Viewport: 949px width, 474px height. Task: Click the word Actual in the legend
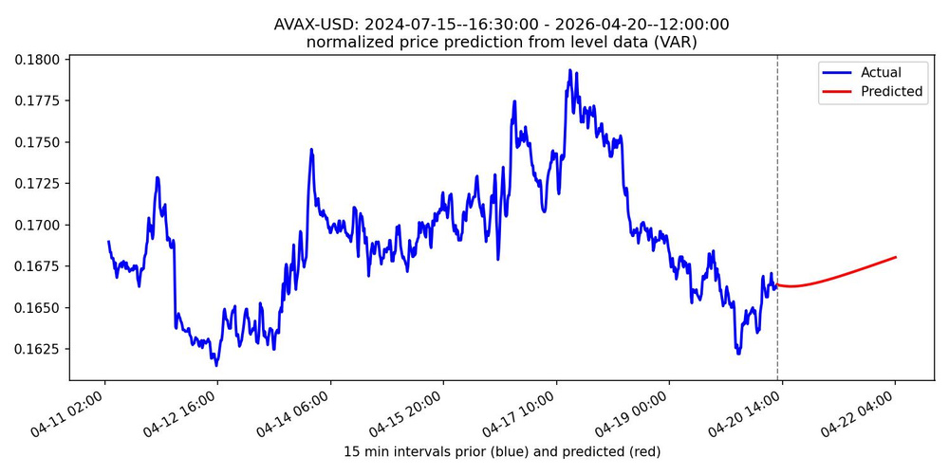click(x=881, y=72)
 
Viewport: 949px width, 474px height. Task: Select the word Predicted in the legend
click(x=891, y=91)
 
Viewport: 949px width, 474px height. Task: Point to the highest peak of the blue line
click(x=569, y=69)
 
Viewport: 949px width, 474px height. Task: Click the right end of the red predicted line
click(x=896, y=257)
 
